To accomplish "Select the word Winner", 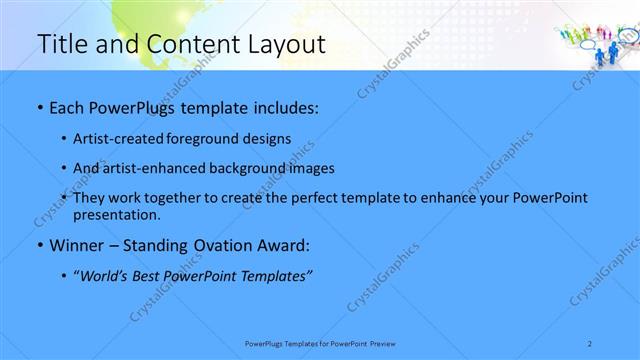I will click(76, 245).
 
